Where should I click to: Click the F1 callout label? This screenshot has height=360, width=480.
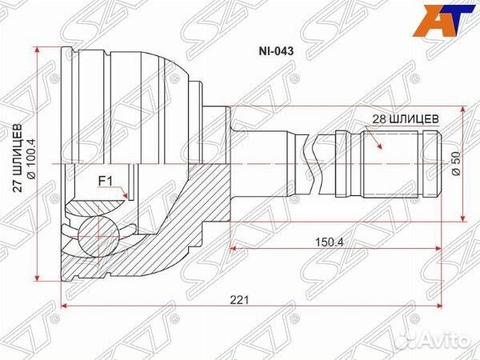coord(105,180)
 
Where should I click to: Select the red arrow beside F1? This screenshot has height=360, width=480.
coord(122,192)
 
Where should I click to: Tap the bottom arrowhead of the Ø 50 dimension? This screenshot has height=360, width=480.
coord(463,215)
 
